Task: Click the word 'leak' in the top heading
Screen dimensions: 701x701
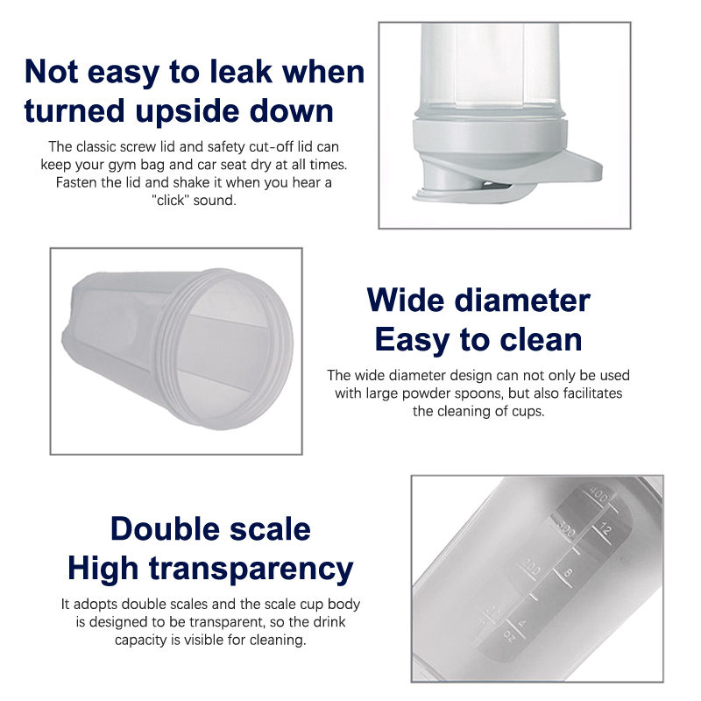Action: (241, 72)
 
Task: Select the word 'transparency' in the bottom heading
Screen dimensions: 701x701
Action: (251, 569)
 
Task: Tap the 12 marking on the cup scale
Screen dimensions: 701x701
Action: (605, 529)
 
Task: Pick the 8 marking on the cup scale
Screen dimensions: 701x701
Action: (568, 572)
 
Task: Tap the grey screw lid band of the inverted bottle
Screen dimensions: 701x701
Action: (490, 137)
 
